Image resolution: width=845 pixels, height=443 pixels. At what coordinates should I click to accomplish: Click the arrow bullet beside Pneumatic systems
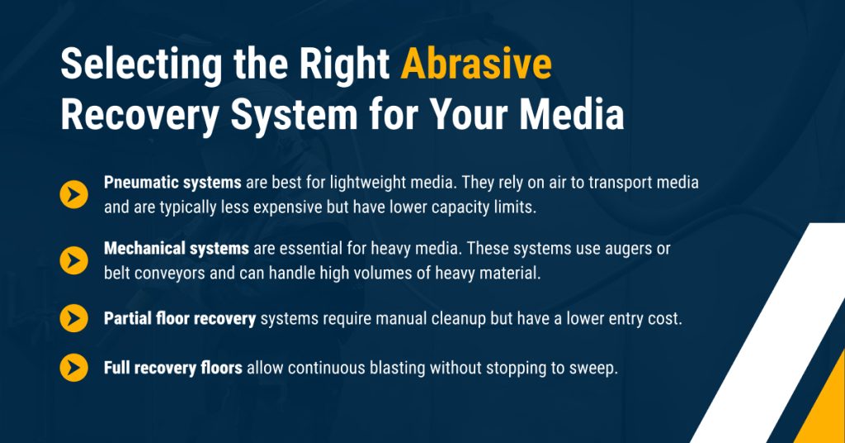74,195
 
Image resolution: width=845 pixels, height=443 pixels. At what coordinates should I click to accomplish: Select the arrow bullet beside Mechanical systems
74,260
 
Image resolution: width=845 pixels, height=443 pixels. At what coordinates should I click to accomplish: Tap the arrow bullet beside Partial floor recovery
74,318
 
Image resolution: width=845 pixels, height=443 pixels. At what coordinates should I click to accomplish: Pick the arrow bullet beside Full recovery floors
74,368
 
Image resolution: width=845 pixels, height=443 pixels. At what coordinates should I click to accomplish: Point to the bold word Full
118,368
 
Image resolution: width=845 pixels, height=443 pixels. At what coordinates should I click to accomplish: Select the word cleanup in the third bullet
468,319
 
